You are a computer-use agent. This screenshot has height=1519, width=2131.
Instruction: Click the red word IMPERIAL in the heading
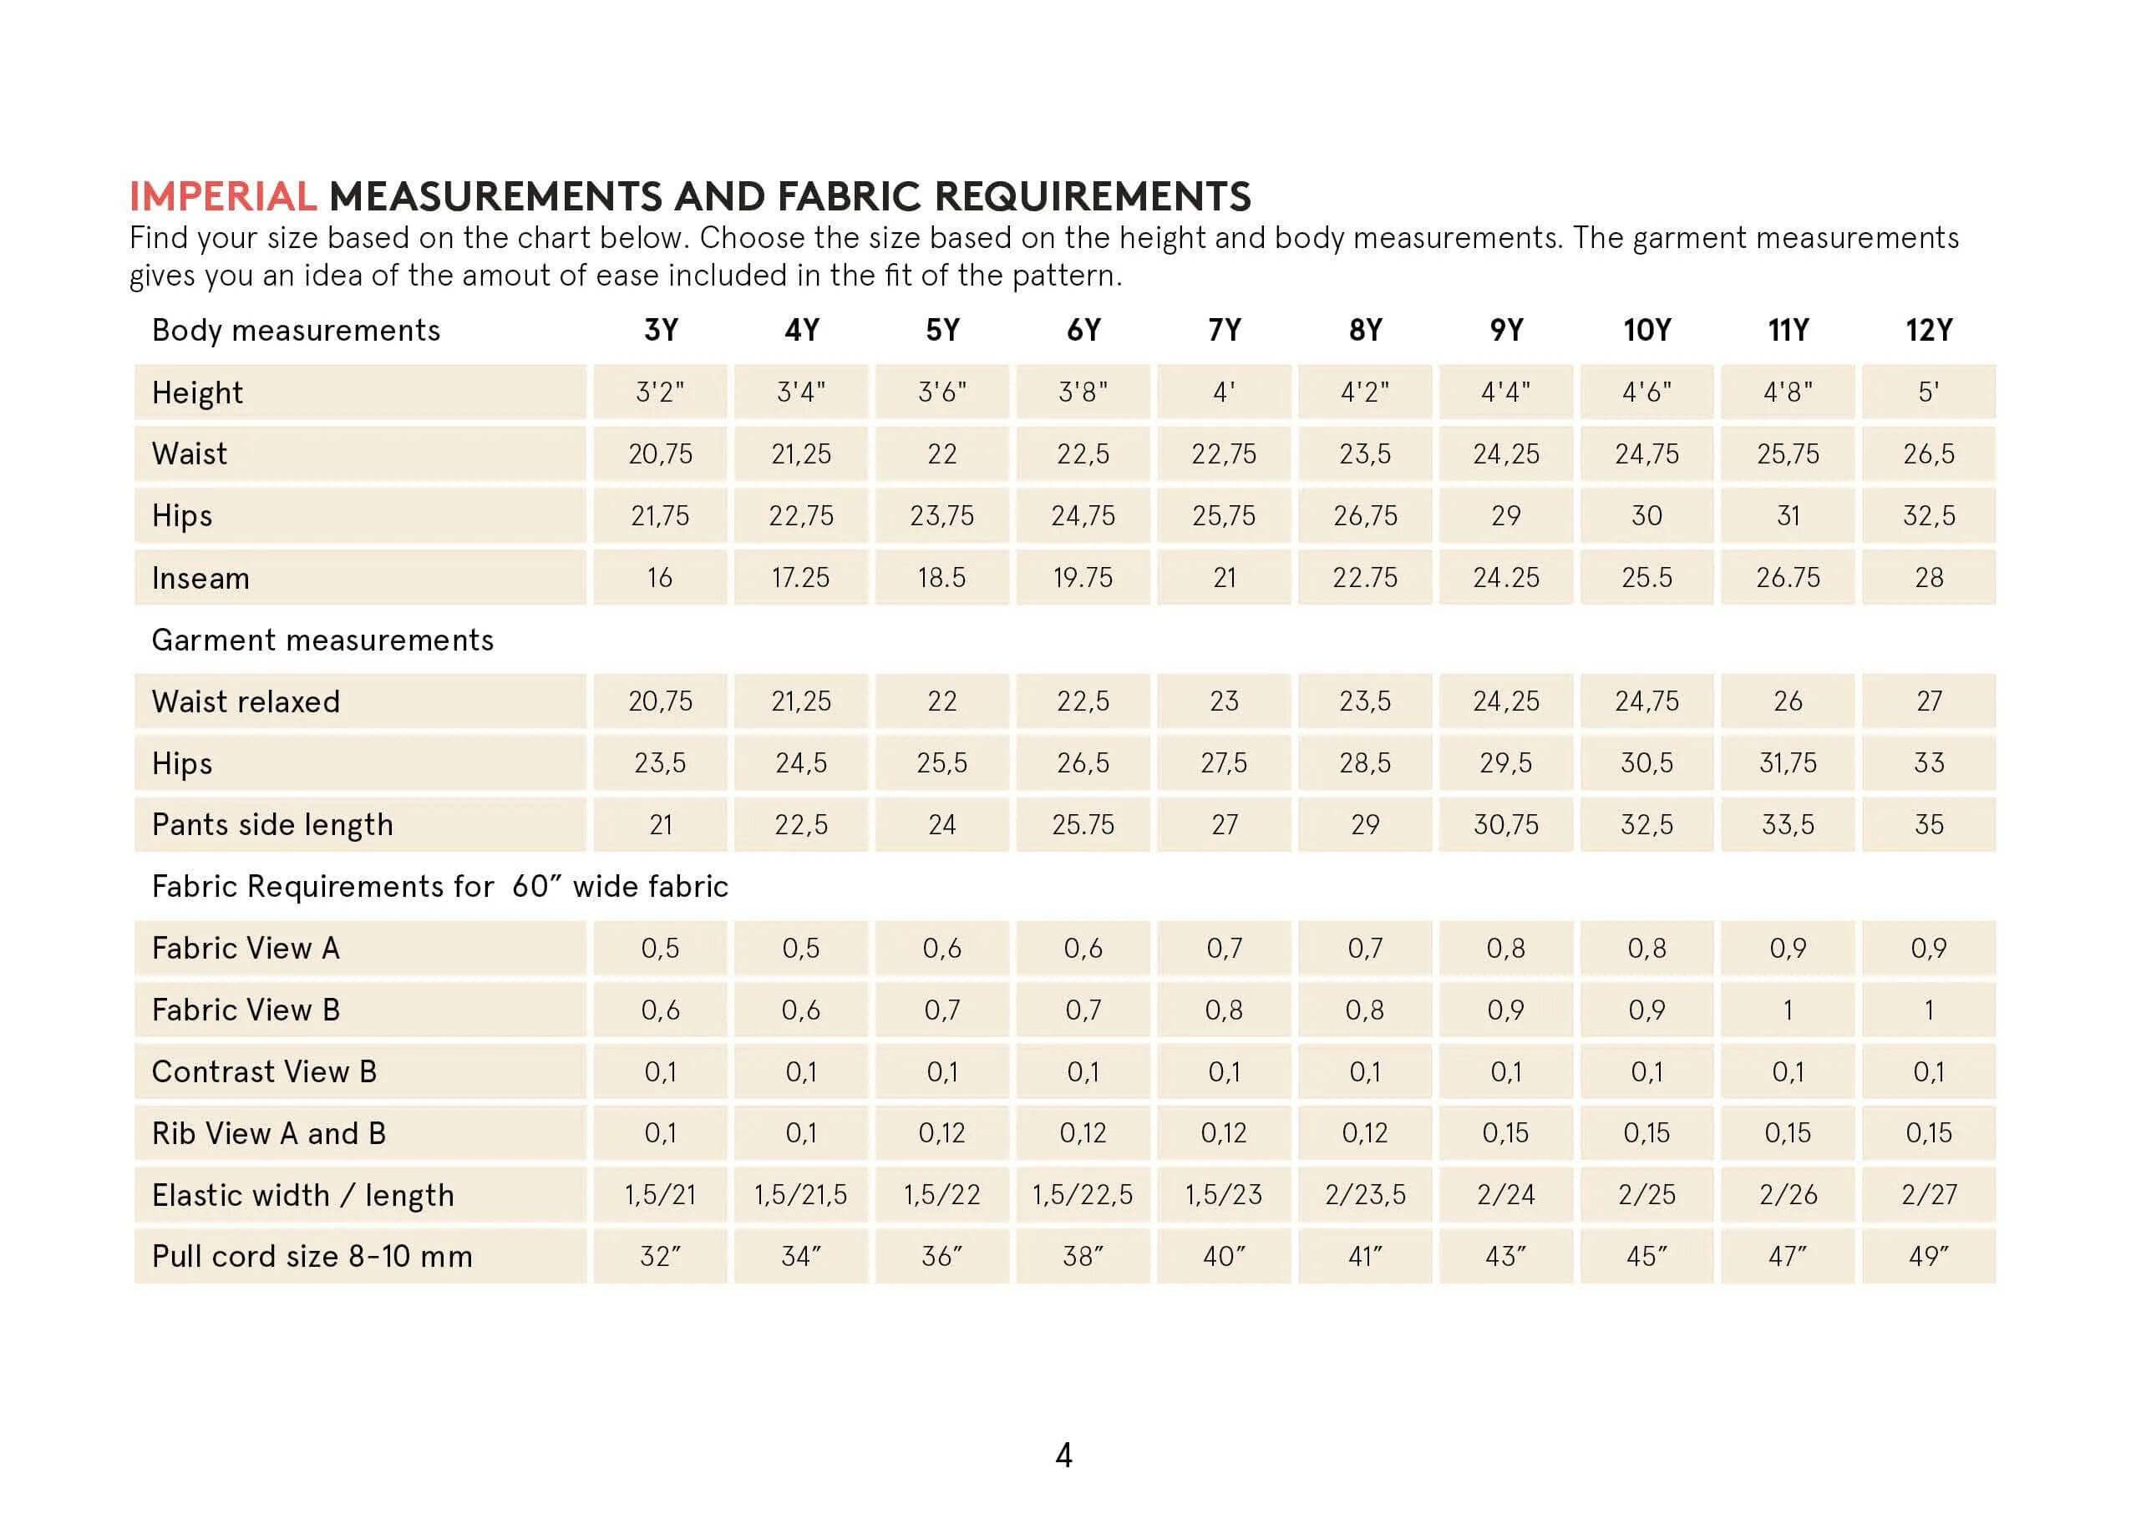tap(223, 196)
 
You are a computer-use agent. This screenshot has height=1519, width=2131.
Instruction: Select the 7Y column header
tap(1224, 330)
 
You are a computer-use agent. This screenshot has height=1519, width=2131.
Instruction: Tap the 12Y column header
tap(1928, 330)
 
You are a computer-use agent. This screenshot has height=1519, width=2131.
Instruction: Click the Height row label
tap(197, 392)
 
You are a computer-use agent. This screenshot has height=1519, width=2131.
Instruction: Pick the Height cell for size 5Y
tap(941, 392)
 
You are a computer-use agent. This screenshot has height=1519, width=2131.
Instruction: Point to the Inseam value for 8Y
tap(1364, 578)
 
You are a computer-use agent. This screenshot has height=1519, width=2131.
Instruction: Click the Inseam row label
tap(200, 578)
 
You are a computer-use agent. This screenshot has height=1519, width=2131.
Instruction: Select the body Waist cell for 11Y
tap(1787, 454)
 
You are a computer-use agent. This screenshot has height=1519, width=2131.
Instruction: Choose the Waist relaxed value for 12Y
tap(1928, 701)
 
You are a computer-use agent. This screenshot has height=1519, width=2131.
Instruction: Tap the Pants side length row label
tap(272, 825)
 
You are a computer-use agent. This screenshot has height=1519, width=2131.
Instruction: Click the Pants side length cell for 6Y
tap(1083, 825)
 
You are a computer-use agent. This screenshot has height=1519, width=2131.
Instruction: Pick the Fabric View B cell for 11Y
tap(1787, 1010)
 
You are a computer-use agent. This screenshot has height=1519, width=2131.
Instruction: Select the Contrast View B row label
tap(264, 1072)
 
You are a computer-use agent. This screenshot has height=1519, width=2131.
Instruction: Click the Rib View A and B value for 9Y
tap(1505, 1134)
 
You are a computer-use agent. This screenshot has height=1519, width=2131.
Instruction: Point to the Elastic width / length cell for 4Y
tap(801, 1195)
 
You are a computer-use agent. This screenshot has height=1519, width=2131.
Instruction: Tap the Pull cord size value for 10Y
tap(1646, 1256)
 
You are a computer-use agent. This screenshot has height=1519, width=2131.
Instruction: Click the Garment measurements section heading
tap(322, 640)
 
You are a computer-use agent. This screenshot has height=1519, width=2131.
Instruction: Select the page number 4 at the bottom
tap(1063, 1456)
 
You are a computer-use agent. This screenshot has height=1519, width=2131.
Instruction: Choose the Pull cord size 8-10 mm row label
tap(312, 1256)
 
